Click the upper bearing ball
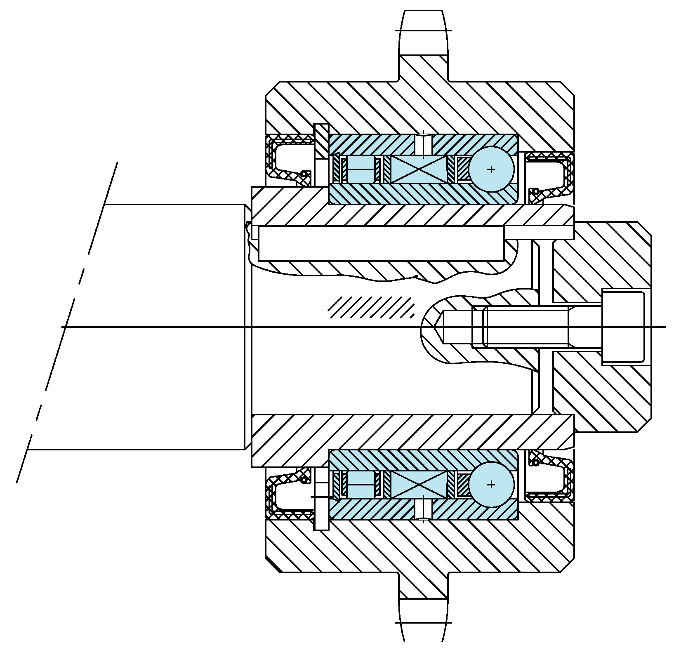[491, 169]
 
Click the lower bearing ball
[491, 484]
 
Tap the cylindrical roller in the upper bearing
[361, 169]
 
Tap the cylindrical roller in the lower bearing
[361, 484]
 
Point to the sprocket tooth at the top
[423, 33]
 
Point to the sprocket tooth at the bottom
[423, 623]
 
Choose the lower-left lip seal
[289, 493]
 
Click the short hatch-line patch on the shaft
[371, 307]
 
